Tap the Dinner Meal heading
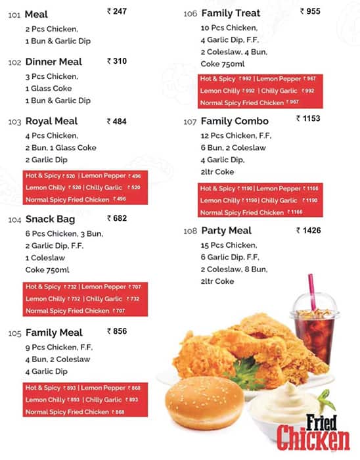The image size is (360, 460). pyautogui.click(x=54, y=62)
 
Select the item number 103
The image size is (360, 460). pyautogui.click(x=14, y=122)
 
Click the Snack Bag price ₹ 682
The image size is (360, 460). pyautogui.click(x=116, y=218)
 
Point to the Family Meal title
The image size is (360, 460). pyautogui.click(x=54, y=333)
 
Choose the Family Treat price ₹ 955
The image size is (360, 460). pyautogui.click(x=310, y=11)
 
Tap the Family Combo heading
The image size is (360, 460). pyautogui.click(x=235, y=122)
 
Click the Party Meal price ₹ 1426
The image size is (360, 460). pyautogui.click(x=309, y=230)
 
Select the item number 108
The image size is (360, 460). pyautogui.click(x=190, y=231)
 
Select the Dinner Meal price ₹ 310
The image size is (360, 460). pyautogui.click(x=116, y=61)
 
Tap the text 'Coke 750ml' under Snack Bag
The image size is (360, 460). pyautogui.click(x=47, y=270)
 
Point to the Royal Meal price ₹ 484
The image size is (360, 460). pyautogui.click(x=116, y=121)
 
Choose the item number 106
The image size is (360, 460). pyautogui.click(x=190, y=14)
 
